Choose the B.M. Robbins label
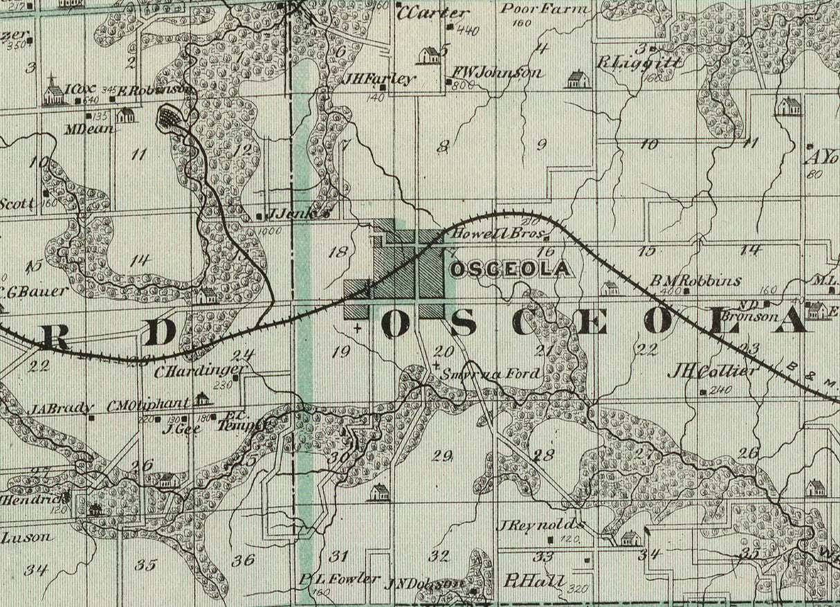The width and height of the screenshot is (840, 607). tap(695, 281)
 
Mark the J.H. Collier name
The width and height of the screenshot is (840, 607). tap(713, 372)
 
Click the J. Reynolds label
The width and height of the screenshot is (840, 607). tap(536, 525)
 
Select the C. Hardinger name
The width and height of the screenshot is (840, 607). tap(199, 372)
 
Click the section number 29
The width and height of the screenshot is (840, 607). tap(442, 455)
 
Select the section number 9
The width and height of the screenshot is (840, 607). tap(541, 145)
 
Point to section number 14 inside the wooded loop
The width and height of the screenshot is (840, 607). tap(139, 260)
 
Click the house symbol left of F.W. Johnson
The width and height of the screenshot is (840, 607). tap(429, 55)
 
